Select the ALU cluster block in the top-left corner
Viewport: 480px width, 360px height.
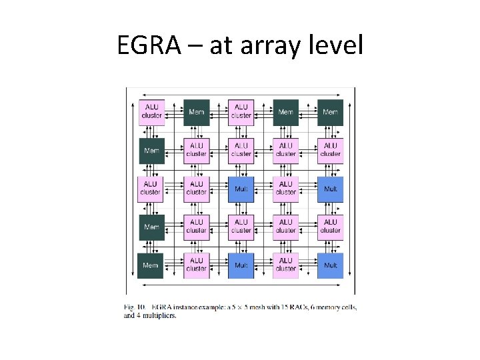pos(151,111)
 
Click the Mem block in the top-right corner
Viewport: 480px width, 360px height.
pos(331,111)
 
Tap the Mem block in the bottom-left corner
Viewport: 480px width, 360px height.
pos(151,265)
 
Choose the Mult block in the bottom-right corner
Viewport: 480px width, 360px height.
pos(331,265)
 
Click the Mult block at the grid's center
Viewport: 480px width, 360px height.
pos(241,189)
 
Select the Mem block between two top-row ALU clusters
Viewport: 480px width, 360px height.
pos(196,111)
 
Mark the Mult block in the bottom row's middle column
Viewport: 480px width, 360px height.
pos(241,265)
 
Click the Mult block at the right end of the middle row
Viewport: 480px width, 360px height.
pos(331,189)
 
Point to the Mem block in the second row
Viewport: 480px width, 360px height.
pos(151,150)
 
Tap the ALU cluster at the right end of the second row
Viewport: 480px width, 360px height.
pos(331,150)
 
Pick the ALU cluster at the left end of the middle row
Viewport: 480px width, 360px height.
pos(151,189)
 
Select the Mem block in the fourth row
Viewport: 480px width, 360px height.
pos(151,227)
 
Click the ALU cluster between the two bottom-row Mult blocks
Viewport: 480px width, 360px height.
pos(286,265)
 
